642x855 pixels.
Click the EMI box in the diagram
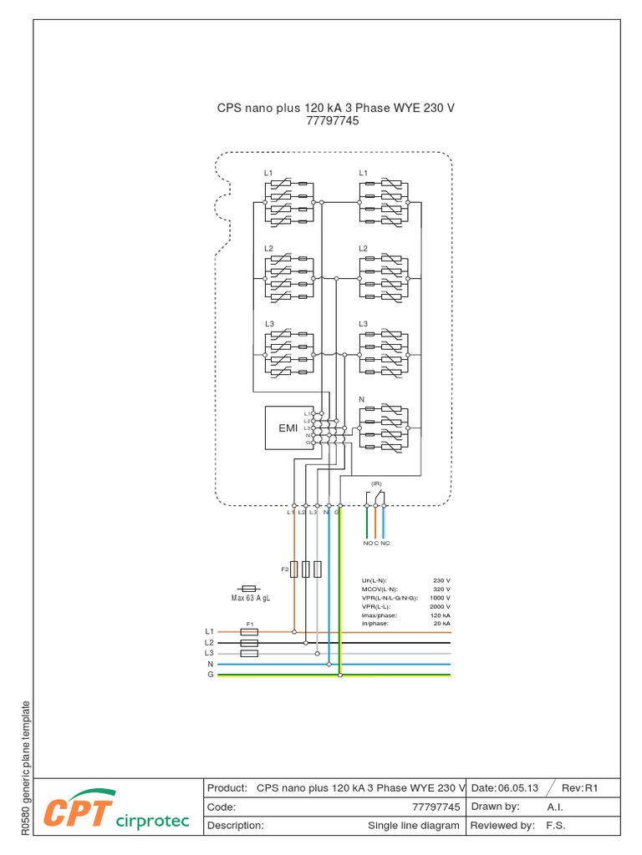click(288, 428)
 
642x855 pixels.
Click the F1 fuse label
click(248, 623)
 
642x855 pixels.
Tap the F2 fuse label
click(284, 569)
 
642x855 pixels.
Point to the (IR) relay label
click(376, 484)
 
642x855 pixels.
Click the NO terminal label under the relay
click(367, 544)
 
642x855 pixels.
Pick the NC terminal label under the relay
click(385, 544)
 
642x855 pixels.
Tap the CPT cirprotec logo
click(117, 811)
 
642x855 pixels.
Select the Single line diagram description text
click(414, 826)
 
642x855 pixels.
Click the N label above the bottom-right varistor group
click(362, 400)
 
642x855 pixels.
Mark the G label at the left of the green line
click(211, 674)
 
